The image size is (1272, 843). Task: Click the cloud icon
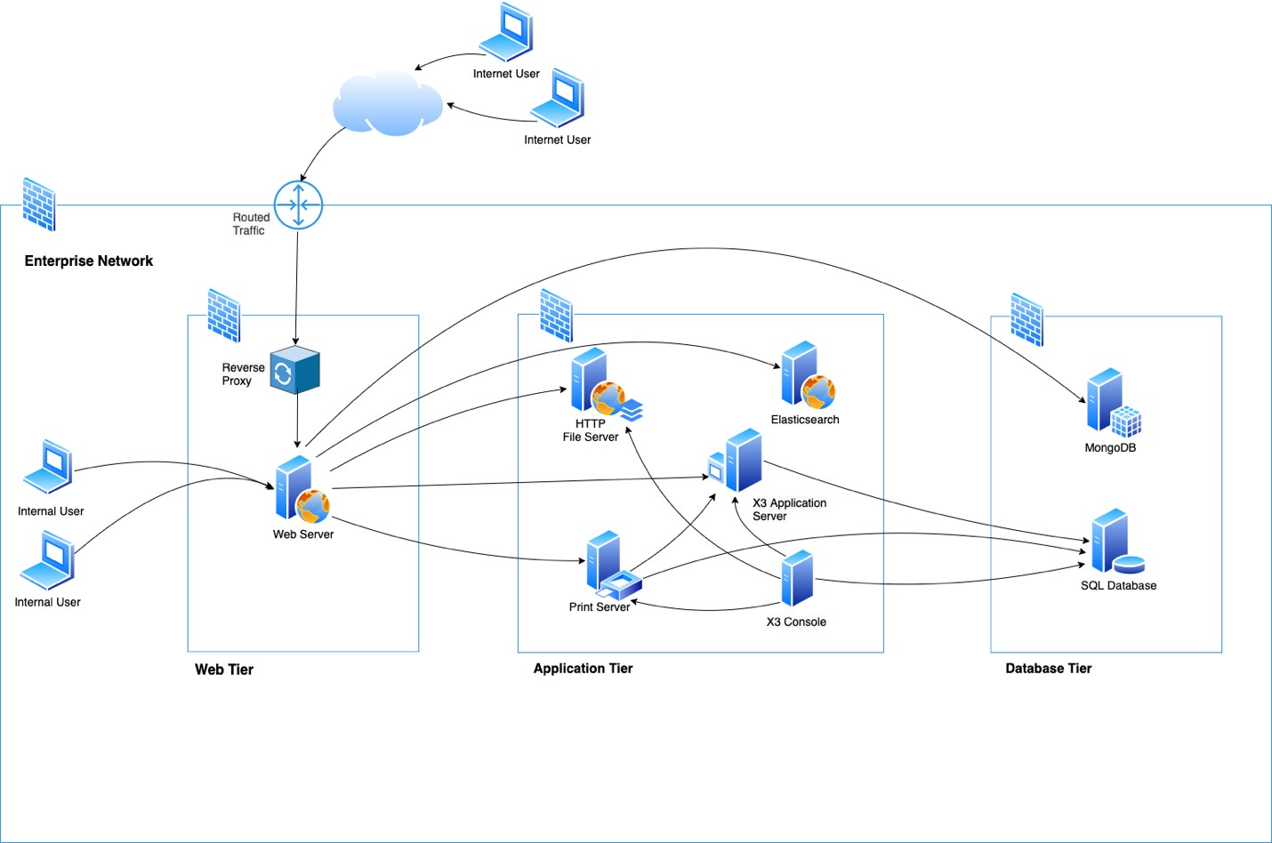coord(388,104)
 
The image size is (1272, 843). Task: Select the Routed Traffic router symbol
coord(298,205)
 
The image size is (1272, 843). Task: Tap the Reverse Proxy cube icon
coord(294,370)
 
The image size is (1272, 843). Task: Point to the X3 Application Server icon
coord(737,461)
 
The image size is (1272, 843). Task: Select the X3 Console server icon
coord(797,578)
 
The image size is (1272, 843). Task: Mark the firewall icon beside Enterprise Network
coord(39,204)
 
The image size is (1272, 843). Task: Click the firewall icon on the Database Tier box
coord(1026,319)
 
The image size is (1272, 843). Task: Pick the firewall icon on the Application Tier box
coord(557,316)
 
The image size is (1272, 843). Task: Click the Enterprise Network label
coord(89,261)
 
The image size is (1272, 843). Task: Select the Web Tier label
coord(224,670)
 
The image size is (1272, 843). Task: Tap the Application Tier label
coord(583,669)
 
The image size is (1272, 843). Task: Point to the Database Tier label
coord(1048,669)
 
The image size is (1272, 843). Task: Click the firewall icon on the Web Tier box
coord(224,315)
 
